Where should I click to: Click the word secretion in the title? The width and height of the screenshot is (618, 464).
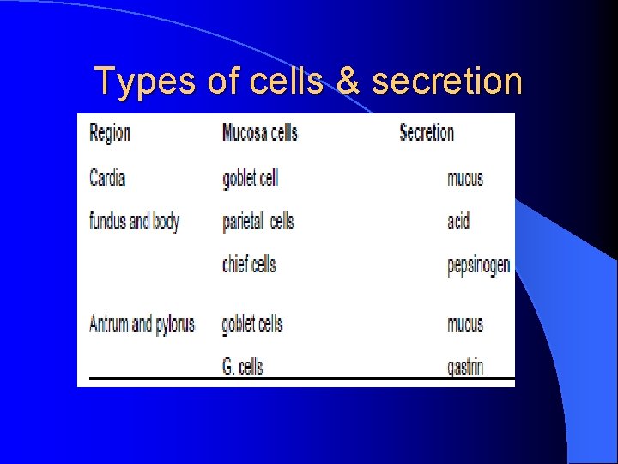tap(446, 82)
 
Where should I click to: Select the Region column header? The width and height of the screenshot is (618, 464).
tap(110, 132)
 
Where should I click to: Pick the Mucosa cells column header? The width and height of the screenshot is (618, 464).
tap(259, 132)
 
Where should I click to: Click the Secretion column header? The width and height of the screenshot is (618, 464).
tap(427, 132)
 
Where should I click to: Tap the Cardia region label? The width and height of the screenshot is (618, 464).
tap(107, 179)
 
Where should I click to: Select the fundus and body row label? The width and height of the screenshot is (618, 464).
tap(134, 221)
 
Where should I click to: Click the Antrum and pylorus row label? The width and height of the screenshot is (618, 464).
tap(142, 324)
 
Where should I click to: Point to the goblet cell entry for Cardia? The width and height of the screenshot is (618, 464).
tap(250, 179)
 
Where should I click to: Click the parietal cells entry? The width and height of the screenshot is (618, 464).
tap(257, 221)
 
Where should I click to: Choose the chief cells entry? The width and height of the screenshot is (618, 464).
tap(249, 264)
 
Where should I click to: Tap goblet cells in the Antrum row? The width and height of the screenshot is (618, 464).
tap(251, 324)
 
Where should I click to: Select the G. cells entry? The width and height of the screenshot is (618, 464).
tap(242, 367)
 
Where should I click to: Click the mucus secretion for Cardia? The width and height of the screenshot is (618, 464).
tap(465, 179)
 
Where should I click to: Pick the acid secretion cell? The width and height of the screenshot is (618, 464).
tap(458, 221)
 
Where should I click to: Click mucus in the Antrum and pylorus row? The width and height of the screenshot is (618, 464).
tap(465, 324)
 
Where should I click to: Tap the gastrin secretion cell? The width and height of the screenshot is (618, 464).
tap(465, 368)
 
